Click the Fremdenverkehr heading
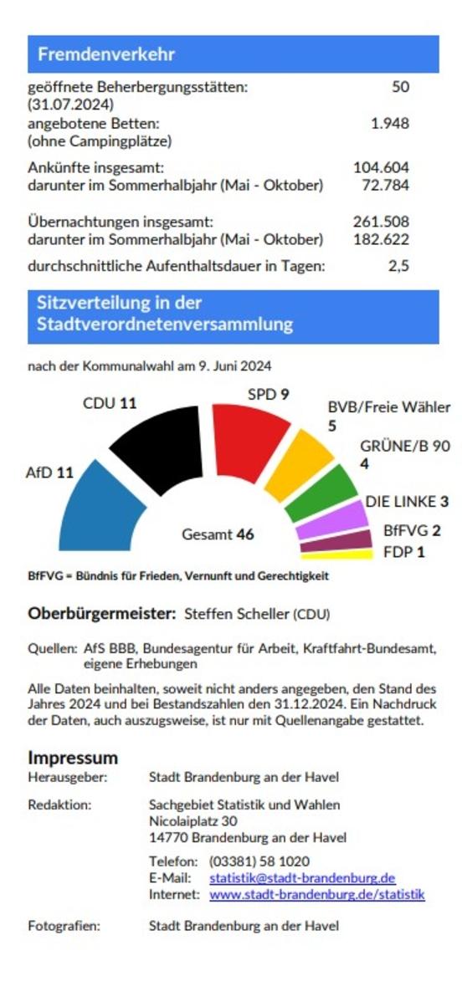pyautogui.click(x=106, y=54)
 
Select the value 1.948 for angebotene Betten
pyautogui.click(x=389, y=123)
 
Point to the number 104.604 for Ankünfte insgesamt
pyautogui.click(x=381, y=167)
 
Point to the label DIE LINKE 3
pyautogui.click(x=407, y=502)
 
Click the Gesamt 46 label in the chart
pyautogui.click(x=218, y=534)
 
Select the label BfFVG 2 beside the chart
pyautogui.click(x=412, y=530)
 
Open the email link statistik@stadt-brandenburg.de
pyautogui.click(x=301, y=878)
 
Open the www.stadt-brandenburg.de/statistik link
pyautogui.click(x=316, y=894)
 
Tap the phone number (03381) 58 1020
pyautogui.click(x=259, y=861)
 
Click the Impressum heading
pyautogui.click(x=73, y=758)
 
